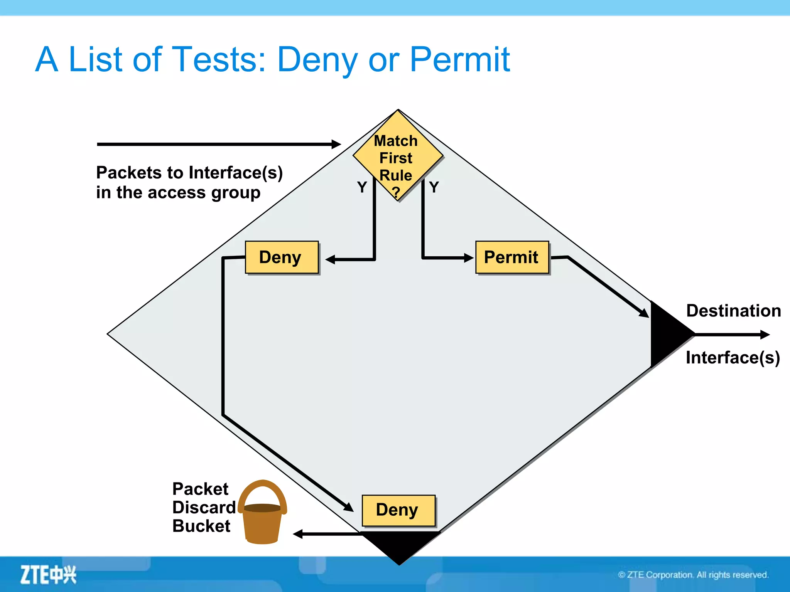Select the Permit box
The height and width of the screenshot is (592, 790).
[512, 257]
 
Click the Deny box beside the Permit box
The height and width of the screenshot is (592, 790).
[282, 257]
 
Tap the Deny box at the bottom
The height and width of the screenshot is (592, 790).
[398, 510]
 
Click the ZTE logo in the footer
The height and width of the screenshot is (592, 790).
[48, 575]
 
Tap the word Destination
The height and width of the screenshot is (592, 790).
[733, 311]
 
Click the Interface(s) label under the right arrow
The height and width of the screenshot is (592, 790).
[733, 358]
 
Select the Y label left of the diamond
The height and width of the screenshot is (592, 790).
[362, 187]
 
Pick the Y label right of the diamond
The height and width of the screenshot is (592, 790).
[434, 187]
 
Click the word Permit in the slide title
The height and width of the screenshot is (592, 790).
[459, 60]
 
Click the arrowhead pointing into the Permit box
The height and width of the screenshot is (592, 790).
[469, 258]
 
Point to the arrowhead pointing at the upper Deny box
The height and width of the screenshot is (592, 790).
[330, 259]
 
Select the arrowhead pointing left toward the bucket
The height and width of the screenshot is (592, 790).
[298, 534]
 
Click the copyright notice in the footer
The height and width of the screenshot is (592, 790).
[693, 575]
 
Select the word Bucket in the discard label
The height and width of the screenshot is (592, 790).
[201, 526]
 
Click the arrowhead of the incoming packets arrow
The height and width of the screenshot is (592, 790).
[336, 144]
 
